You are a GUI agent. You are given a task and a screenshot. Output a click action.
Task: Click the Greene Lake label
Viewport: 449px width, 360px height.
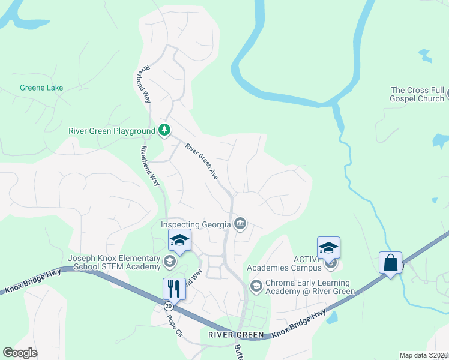click(x=41, y=88)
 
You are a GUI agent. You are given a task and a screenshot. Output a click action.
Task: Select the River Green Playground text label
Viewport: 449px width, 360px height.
click(x=112, y=130)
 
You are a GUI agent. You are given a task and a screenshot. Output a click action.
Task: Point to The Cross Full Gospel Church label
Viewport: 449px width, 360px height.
click(x=417, y=94)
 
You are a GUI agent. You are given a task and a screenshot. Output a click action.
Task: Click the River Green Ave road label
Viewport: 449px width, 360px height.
click(x=201, y=161)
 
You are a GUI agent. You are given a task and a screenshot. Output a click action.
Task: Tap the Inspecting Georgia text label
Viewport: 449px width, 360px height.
click(x=196, y=224)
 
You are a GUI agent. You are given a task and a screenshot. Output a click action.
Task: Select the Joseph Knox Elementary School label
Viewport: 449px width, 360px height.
click(x=114, y=263)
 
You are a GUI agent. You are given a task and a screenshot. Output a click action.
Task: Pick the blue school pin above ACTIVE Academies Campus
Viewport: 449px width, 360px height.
click(x=328, y=248)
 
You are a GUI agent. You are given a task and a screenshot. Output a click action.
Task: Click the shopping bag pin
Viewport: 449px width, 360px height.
click(x=390, y=263)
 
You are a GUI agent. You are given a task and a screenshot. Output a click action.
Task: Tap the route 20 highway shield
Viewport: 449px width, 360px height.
click(x=169, y=306)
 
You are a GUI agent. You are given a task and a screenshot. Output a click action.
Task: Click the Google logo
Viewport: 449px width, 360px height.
click(x=20, y=353)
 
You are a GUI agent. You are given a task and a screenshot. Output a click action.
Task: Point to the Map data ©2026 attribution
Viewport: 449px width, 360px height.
click(x=424, y=355)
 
